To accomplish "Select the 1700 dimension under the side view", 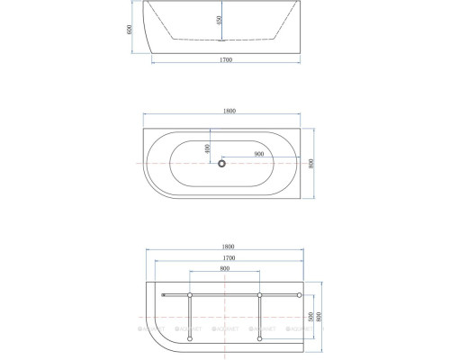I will pyautogui.click(x=225, y=59).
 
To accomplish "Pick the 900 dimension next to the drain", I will pyautogui.click(x=259, y=154).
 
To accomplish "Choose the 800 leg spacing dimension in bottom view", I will pyautogui.click(x=223, y=269).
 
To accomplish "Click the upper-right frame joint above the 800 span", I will pyautogui.click(x=259, y=295).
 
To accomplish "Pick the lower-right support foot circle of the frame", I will pyautogui.click(x=259, y=339).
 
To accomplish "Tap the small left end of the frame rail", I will pyautogui.click(x=163, y=295).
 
